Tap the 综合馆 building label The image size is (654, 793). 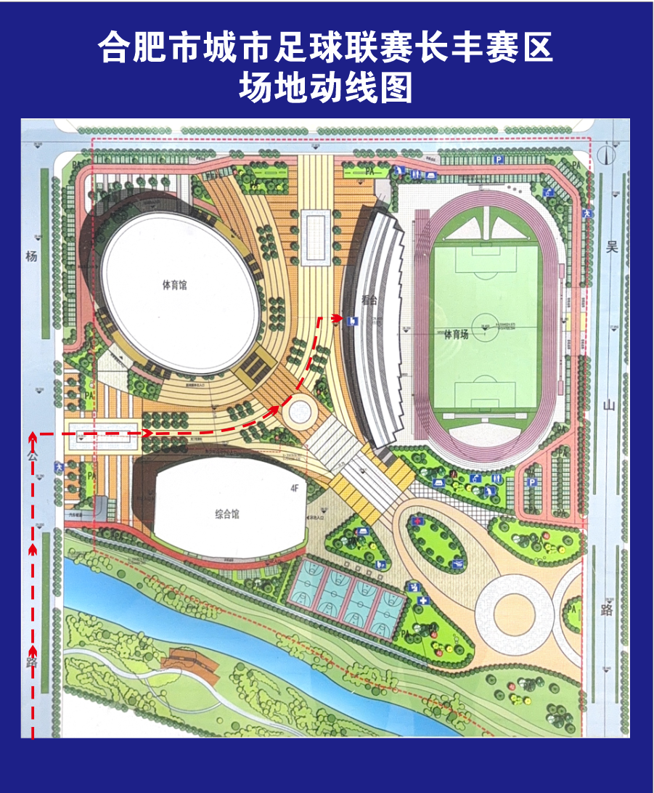(x=226, y=515)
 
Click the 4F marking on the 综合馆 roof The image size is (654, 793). (x=295, y=489)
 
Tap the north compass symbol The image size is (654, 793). (x=610, y=154)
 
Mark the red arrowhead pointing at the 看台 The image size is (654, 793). (x=338, y=318)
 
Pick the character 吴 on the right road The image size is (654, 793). (x=611, y=248)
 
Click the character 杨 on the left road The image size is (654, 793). (x=30, y=256)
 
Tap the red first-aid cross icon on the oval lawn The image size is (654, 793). (x=417, y=521)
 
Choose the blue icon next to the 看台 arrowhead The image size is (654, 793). (x=351, y=320)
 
